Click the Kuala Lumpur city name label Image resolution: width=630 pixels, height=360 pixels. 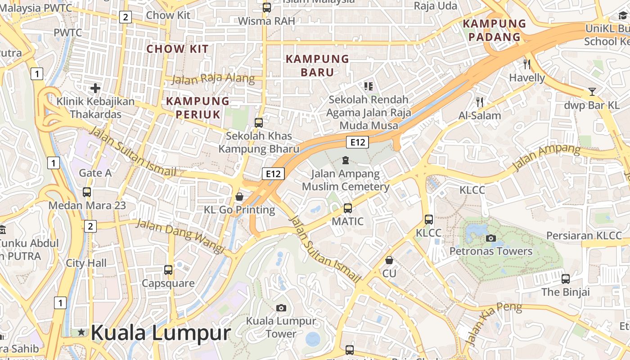(161, 333)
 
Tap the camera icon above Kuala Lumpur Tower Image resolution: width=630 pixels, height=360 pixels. (281, 308)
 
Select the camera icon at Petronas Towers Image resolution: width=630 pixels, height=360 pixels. (491, 238)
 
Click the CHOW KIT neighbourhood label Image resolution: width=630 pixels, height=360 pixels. (178, 49)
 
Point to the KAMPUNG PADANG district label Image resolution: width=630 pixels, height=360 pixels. (494, 30)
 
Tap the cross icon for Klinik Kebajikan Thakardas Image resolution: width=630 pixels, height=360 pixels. (95, 88)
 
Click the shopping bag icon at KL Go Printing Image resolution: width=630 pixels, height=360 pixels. (239, 197)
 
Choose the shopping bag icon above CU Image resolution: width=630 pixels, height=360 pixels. (389, 260)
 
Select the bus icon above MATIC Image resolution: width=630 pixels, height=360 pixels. (347, 208)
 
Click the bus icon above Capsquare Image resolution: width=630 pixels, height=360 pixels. (168, 270)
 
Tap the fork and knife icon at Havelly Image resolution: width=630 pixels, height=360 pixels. (527, 64)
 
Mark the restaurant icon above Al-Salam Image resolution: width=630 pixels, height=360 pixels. (480, 102)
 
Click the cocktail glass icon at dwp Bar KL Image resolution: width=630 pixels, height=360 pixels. (592, 92)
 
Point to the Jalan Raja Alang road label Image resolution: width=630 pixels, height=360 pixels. (213, 79)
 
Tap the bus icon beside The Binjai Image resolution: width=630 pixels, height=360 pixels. (566, 279)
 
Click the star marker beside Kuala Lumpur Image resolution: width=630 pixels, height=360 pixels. (81, 333)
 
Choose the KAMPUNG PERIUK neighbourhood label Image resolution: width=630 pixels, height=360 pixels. (198, 108)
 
